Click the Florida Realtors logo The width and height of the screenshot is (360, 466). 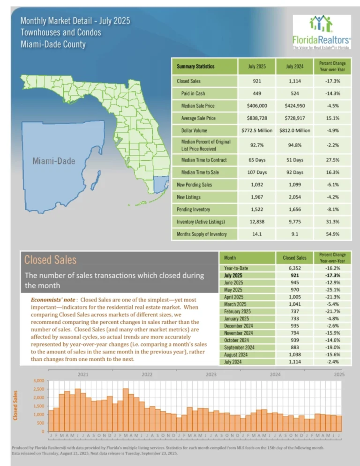(x=322, y=32)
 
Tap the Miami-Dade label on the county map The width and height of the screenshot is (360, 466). (x=54, y=161)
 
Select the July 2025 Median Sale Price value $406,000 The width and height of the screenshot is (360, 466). (x=257, y=106)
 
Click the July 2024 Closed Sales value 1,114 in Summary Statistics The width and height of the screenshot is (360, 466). (x=294, y=81)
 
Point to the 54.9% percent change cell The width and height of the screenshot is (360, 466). (x=332, y=234)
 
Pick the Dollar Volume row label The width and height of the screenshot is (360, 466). (x=194, y=130)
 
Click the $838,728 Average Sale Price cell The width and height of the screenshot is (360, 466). (x=257, y=118)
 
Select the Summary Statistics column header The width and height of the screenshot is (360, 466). (x=195, y=67)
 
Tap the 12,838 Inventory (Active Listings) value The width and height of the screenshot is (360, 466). (x=257, y=222)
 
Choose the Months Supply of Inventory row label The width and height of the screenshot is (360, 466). (x=202, y=234)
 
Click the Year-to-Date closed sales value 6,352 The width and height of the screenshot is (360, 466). (x=294, y=268)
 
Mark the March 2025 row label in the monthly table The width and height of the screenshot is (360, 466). (x=235, y=304)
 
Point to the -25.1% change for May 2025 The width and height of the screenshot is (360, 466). (x=332, y=290)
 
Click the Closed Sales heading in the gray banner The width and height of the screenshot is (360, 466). (x=50, y=260)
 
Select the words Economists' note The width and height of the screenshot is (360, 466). (x=53, y=300)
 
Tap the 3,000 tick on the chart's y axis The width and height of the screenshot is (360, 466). (x=38, y=381)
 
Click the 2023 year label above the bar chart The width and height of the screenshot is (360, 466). (x=211, y=375)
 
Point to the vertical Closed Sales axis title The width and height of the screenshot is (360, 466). (x=15, y=406)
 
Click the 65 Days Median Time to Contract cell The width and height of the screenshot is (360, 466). (x=257, y=160)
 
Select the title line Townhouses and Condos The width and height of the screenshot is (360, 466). (x=60, y=32)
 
